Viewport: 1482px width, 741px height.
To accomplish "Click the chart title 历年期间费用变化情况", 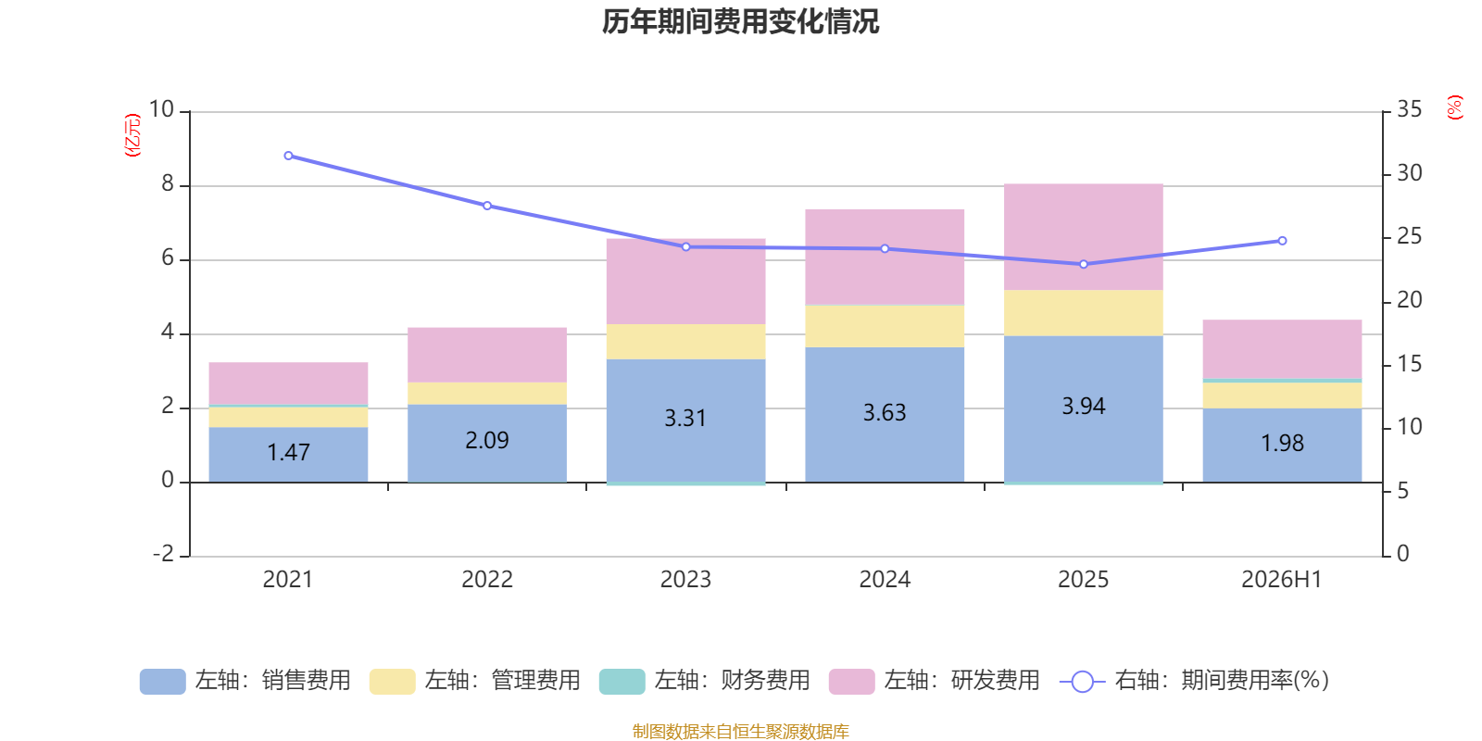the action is (x=740, y=22).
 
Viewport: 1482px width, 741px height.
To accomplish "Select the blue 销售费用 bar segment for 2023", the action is (x=686, y=421).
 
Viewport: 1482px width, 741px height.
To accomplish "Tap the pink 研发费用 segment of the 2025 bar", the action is (x=1083, y=237).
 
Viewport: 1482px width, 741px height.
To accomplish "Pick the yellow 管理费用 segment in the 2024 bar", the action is (x=885, y=326).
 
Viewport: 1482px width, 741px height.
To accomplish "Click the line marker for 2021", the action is (x=288, y=157).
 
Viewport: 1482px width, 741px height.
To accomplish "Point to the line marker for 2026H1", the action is (x=1282, y=241).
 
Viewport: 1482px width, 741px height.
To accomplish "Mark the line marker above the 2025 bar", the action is (x=1083, y=265).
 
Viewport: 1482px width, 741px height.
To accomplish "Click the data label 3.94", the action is (x=1083, y=407).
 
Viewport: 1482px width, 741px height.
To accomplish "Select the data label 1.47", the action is (x=288, y=453).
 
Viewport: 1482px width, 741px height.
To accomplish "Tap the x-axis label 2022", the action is (x=487, y=580).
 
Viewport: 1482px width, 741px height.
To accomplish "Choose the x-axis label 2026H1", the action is (x=1282, y=580).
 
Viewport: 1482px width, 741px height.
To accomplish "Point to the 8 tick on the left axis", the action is (x=168, y=184).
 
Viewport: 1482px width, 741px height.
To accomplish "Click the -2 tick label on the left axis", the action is (x=163, y=553).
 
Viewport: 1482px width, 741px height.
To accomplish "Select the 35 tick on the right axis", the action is (x=1409, y=109).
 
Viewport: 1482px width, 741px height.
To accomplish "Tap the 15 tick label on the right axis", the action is (x=1409, y=364).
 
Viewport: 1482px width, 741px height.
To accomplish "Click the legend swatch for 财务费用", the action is (x=622, y=682).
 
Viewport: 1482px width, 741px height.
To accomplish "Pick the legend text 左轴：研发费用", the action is (x=962, y=681).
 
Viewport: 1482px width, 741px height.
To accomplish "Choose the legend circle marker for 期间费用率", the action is (x=1083, y=682).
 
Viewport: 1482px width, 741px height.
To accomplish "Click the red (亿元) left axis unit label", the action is (x=133, y=135).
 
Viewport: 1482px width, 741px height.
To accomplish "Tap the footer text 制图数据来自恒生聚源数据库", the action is (x=740, y=732).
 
